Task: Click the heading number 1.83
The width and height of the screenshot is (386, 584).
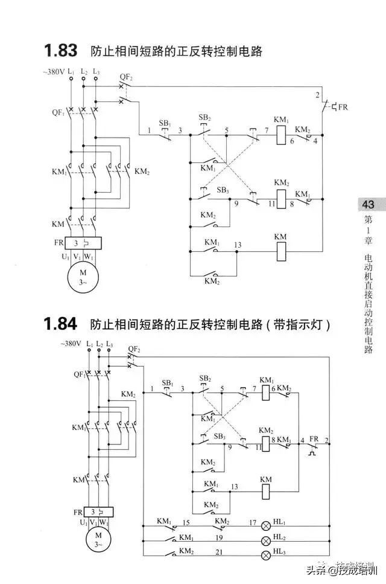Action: coord(60,50)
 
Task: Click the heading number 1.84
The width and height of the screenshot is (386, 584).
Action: coord(60,324)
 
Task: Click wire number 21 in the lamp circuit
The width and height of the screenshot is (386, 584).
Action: coord(219,551)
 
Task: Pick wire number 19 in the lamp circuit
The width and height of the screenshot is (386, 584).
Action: coord(219,536)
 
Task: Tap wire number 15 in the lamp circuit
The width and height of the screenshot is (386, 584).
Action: coord(186,521)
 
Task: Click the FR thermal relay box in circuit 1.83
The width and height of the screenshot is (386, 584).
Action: coord(84,243)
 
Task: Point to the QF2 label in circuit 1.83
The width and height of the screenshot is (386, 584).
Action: coord(126,77)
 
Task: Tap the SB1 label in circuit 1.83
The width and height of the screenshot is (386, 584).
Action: coord(165,123)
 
